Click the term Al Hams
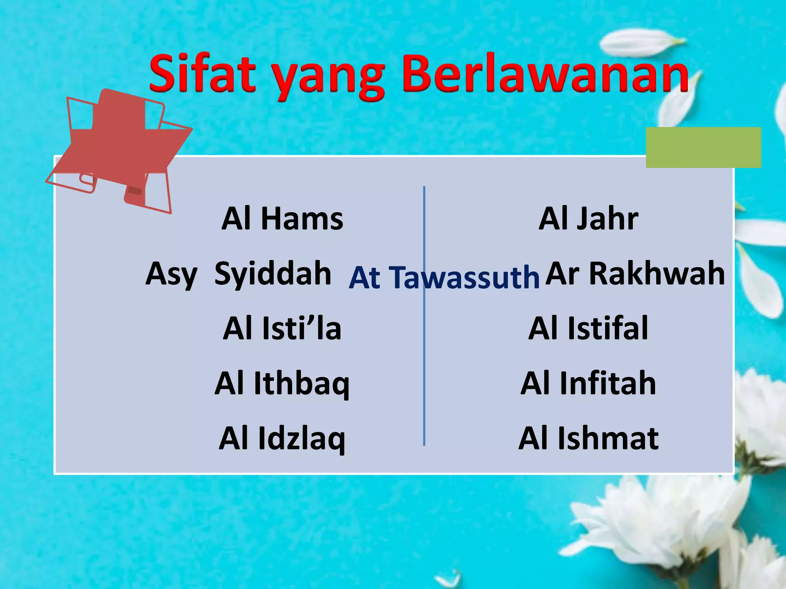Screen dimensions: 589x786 pos(282,219)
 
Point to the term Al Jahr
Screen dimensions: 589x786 pos(588,219)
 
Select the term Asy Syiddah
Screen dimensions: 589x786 pos(238,274)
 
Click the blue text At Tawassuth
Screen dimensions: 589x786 pos(444,277)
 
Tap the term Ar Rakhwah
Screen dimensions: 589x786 pos(635,274)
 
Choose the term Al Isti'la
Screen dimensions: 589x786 pos(282,329)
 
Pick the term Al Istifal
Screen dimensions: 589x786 pos(588,329)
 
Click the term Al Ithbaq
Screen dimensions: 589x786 pos(282,383)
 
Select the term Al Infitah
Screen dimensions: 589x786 pos(588,383)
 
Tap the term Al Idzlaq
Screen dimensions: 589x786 pos(282,439)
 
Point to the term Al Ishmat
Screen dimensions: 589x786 pos(588,439)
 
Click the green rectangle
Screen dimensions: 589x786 pos(703,147)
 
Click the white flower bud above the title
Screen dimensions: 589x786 pos(641,42)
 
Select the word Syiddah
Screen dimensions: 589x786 pos(273,274)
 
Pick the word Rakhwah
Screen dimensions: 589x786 pos(657,274)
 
